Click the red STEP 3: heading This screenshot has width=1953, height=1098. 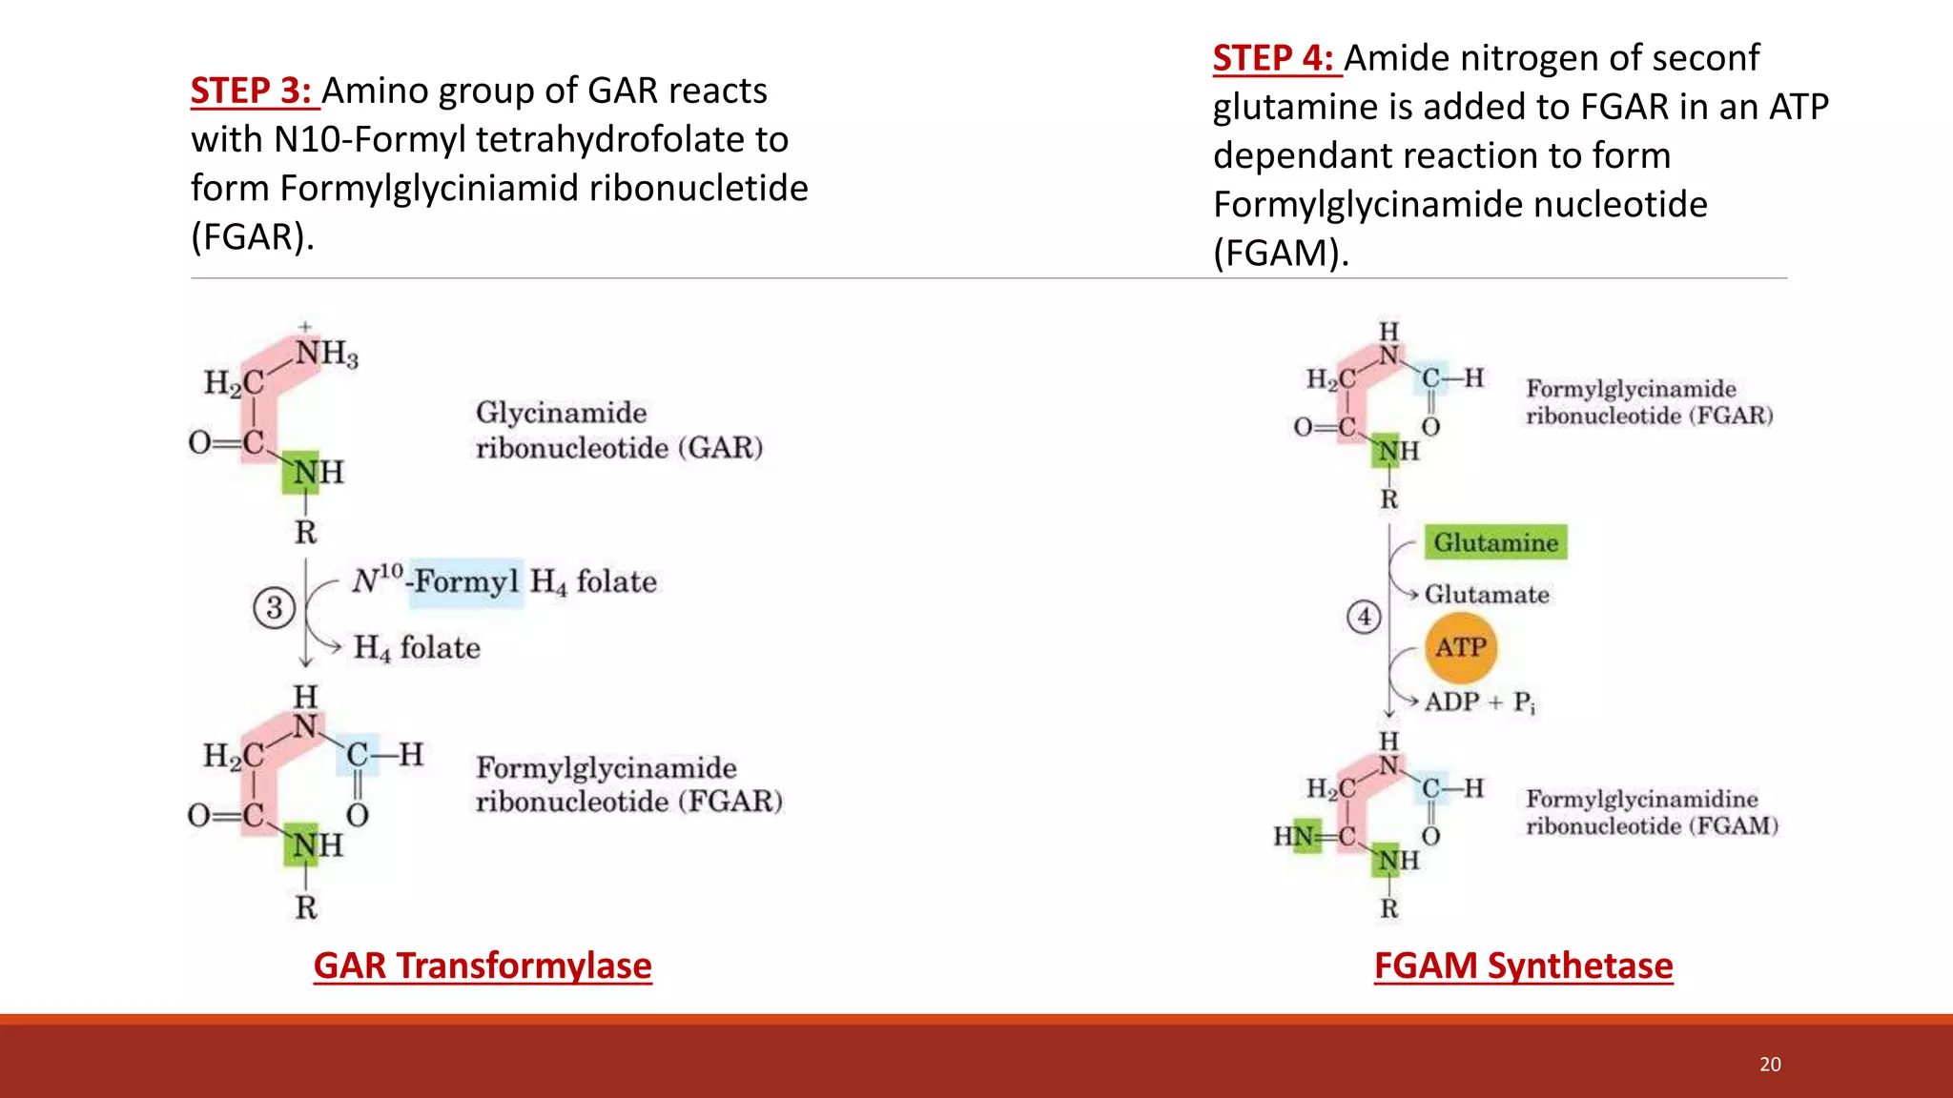tap(251, 91)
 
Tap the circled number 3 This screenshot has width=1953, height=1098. tap(275, 608)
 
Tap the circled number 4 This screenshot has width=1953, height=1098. tap(1364, 618)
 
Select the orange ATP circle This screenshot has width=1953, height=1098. tap(1461, 648)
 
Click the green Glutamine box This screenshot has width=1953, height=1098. tap(1495, 542)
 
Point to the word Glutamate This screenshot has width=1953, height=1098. tap(1487, 595)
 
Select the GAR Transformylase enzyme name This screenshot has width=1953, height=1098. tap(483, 966)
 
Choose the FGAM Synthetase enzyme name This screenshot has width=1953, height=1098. tap(1523, 966)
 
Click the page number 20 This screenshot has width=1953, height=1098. tap(1770, 1065)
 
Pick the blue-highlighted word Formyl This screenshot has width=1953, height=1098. tap(466, 581)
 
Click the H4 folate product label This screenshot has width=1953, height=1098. tap(417, 648)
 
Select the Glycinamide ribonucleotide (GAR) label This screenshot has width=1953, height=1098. tap(618, 430)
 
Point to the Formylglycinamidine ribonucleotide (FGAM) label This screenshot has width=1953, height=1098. tap(1652, 812)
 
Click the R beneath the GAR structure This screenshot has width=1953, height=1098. tap(305, 532)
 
